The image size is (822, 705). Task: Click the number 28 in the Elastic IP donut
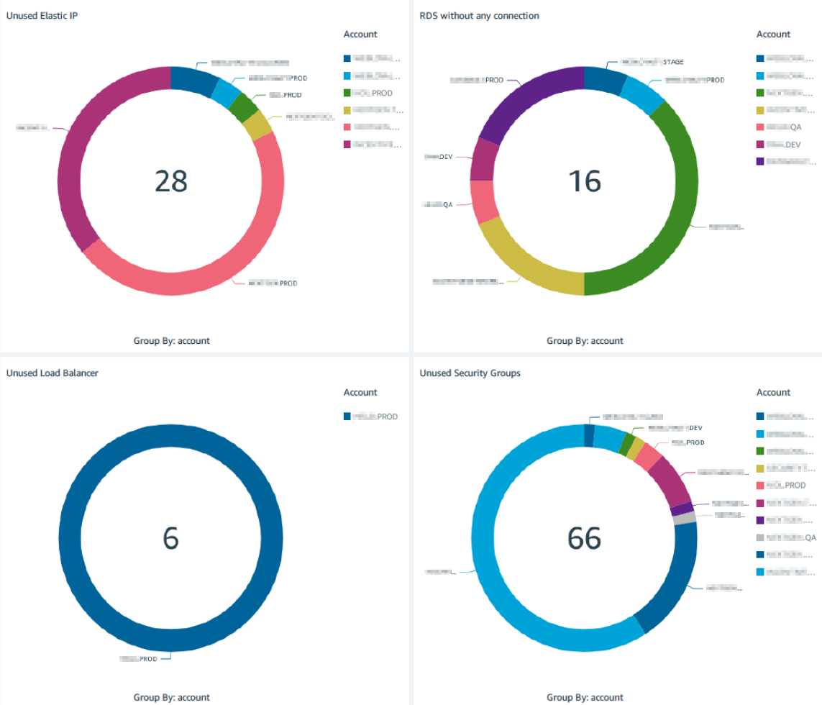tap(170, 181)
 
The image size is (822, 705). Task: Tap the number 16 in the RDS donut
tap(584, 181)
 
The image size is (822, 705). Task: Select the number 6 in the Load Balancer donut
tap(170, 538)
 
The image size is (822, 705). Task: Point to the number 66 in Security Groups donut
tap(584, 538)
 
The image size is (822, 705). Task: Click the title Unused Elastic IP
tap(42, 16)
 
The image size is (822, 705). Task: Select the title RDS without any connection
tap(479, 16)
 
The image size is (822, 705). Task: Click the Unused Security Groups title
tap(470, 373)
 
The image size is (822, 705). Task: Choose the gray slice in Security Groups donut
tap(685, 518)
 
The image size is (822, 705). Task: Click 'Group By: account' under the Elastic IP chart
tap(171, 341)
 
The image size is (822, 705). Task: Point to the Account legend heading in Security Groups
tap(773, 393)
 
